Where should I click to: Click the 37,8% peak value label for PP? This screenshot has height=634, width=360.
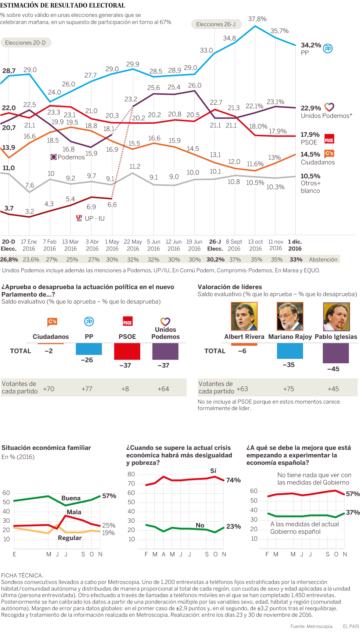pyautogui.click(x=257, y=19)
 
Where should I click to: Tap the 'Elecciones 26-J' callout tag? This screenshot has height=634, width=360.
pyautogui.click(x=216, y=24)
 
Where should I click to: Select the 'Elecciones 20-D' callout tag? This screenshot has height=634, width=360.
pyautogui.click(x=26, y=43)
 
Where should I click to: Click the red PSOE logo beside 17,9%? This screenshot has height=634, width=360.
pyautogui.click(x=329, y=139)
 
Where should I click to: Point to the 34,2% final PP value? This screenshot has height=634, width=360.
pyautogui.click(x=311, y=45)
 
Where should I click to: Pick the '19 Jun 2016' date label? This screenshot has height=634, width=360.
pyautogui.click(x=194, y=245)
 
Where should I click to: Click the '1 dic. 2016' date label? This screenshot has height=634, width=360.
pyautogui.click(x=295, y=245)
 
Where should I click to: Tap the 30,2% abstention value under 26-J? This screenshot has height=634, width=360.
pyautogui.click(x=215, y=259)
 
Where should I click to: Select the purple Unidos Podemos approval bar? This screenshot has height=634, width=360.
pyautogui.click(x=165, y=352)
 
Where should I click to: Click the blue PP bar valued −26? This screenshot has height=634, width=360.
pyautogui.click(x=89, y=349)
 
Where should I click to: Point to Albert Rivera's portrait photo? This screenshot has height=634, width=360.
pyautogui.click(x=244, y=316)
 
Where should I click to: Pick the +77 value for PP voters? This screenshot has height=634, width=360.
pyautogui.click(x=87, y=389)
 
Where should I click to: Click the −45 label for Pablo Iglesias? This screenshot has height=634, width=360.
pyautogui.click(x=333, y=369)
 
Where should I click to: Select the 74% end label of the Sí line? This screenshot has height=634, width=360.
pyautogui.click(x=233, y=480)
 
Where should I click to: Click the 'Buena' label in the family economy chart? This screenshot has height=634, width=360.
pyautogui.click(x=71, y=498)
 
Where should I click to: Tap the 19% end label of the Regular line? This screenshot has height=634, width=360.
pyautogui.click(x=108, y=533)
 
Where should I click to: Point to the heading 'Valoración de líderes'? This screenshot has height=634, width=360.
pyautogui.click(x=230, y=287)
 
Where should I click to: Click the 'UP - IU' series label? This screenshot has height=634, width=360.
pyautogui.click(x=94, y=218)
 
